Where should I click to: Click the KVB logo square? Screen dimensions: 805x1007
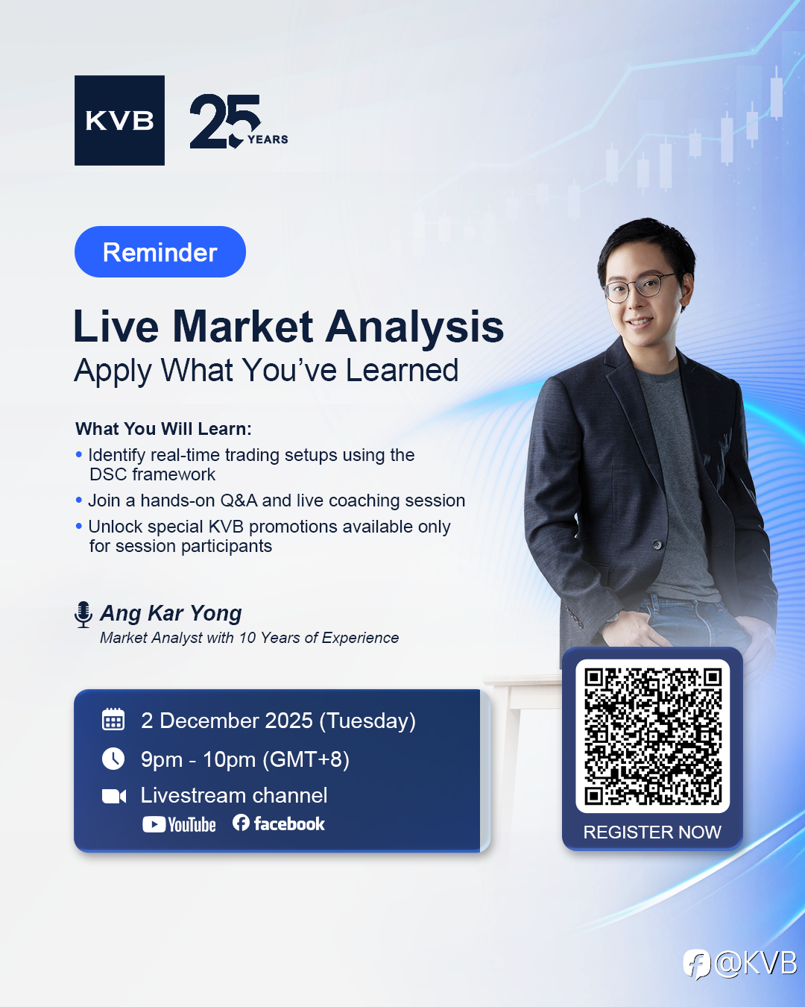[119, 120]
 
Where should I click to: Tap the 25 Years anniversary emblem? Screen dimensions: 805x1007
[239, 121]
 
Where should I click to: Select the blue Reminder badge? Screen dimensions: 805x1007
[160, 252]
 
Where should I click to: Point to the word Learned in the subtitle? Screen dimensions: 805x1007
[402, 370]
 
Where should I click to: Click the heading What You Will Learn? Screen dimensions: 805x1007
[164, 429]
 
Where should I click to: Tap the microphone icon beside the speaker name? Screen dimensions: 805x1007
[83, 615]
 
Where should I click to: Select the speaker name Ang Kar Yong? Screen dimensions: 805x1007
[171, 613]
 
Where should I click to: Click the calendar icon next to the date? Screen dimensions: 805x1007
[113, 719]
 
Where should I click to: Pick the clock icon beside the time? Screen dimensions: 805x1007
[113, 759]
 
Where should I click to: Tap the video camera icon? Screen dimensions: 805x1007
[114, 796]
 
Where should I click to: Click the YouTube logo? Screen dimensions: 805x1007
[179, 824]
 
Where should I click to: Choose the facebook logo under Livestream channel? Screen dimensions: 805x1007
[278, 824]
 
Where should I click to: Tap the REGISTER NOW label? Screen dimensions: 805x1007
[652, 832]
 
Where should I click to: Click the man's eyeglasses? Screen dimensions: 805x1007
[639, 287]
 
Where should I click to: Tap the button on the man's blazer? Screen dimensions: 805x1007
[657, 545]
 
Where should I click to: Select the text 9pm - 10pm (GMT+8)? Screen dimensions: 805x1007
[245, 759]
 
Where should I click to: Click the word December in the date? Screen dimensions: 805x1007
[236, 721]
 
